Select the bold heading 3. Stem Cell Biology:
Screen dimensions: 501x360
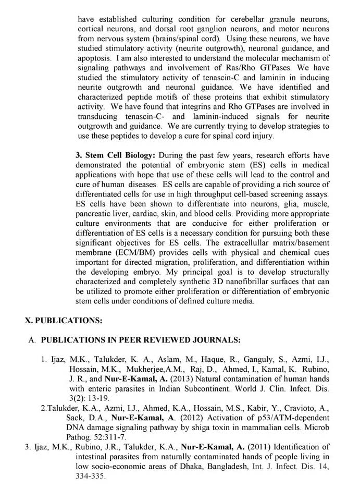coord(115,155)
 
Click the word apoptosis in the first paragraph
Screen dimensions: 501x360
coord(94,59)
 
